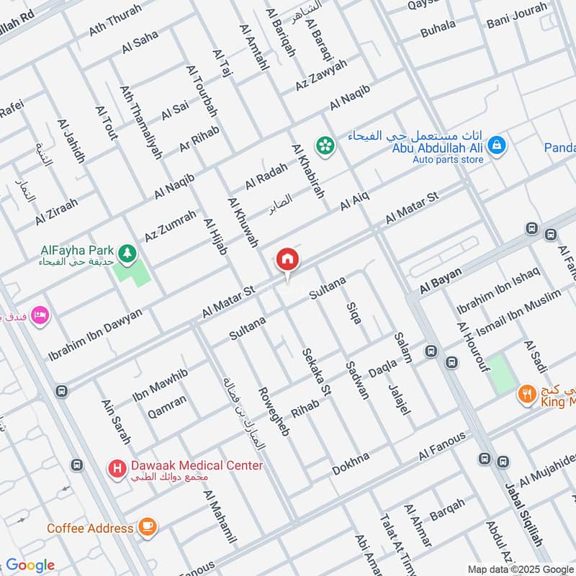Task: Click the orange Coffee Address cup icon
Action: tap(148, 527)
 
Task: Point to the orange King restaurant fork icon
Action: tap(526, 394)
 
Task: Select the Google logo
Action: tap(30, 565)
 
